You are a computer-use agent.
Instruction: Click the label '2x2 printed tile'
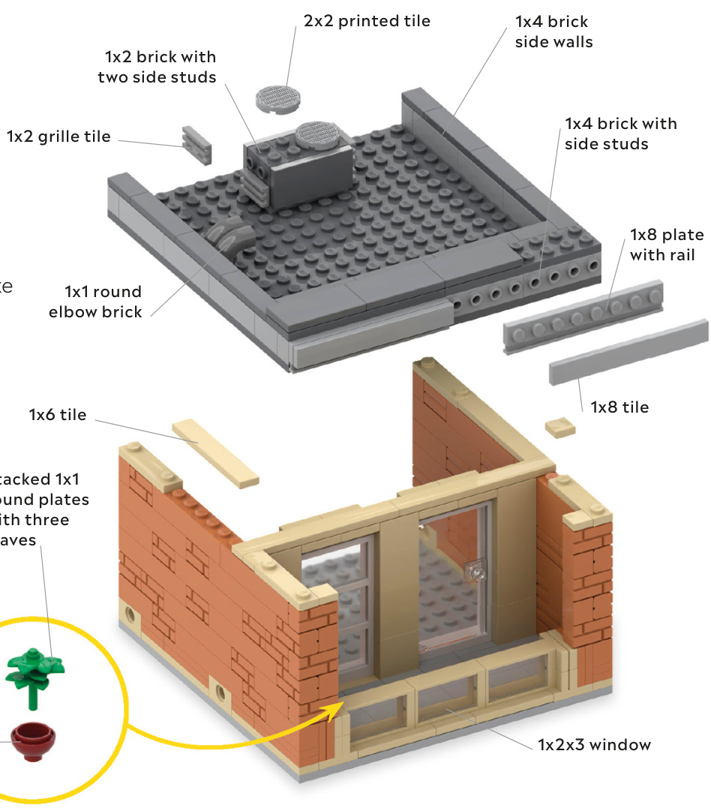tap(367, 21)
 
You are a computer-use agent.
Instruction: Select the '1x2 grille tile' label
tap(58, 137)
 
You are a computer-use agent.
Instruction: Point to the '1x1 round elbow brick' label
tap(95, 302)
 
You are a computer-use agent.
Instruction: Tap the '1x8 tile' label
tap(619, 407)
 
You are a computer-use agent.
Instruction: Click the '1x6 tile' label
tap(58, 414)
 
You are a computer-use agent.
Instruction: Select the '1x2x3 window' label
tap(594, 745)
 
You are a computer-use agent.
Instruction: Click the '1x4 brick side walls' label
tap(553, 32)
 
